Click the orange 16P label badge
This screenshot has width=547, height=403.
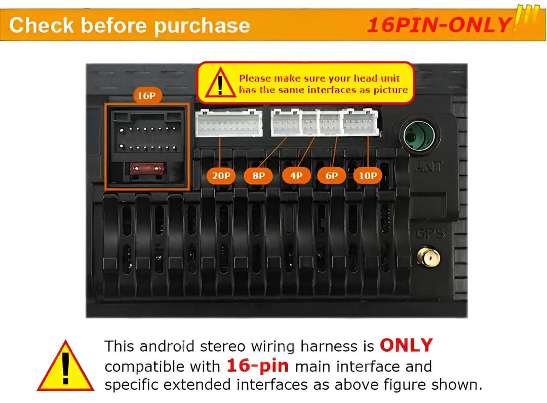click(147, 95)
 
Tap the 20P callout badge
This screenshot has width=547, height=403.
click(221, 176)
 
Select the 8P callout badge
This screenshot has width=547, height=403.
click(258, 176)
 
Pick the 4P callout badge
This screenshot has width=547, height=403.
click(296, 176)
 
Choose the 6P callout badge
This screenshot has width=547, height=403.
click(331, 176)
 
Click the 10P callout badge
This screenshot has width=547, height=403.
click(368, 176)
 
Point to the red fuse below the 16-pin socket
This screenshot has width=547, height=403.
click(147, 169)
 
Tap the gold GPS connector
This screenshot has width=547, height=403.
click(429, 258)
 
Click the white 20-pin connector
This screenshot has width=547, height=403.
click(229, 123)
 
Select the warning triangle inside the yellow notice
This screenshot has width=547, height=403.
click(220, 83)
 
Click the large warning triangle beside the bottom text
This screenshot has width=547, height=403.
click(65, 365)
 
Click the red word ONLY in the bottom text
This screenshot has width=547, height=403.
click(406, 345)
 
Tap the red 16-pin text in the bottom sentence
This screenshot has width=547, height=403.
click(258, 366)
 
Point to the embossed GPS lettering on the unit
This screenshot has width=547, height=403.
click(430, 233)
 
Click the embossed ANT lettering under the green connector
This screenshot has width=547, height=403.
click(429, 166)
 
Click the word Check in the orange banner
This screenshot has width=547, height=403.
click(42, 25)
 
